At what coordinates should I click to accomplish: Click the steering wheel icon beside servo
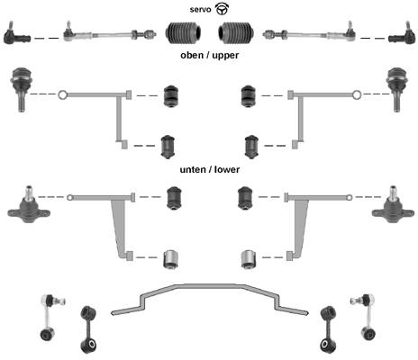point(223,9)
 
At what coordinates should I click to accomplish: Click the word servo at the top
point(200,10)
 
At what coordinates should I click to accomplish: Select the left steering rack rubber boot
point(183,32)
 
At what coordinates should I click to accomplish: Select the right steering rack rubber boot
point(236,32)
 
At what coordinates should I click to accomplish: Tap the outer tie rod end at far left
point(16,34)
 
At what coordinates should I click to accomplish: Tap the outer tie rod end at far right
point(402,34)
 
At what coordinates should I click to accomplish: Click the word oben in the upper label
point(192,55)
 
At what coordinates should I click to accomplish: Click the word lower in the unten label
point(227,169)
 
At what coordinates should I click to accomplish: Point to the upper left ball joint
point(21,89)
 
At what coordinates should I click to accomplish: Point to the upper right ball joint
point(397,89)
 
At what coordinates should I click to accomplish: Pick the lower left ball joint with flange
point(29,205)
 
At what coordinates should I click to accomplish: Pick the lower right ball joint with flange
point(393,205)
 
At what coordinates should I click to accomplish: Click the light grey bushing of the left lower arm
point(171,259)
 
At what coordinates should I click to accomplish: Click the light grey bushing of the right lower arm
point(248,259)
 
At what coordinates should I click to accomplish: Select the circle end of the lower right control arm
point(350,198)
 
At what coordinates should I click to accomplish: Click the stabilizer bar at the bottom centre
point(210,286)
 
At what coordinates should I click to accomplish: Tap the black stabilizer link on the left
point(88,329)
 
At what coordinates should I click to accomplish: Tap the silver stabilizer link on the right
point(364,317)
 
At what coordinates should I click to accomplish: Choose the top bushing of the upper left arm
point(171,96)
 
